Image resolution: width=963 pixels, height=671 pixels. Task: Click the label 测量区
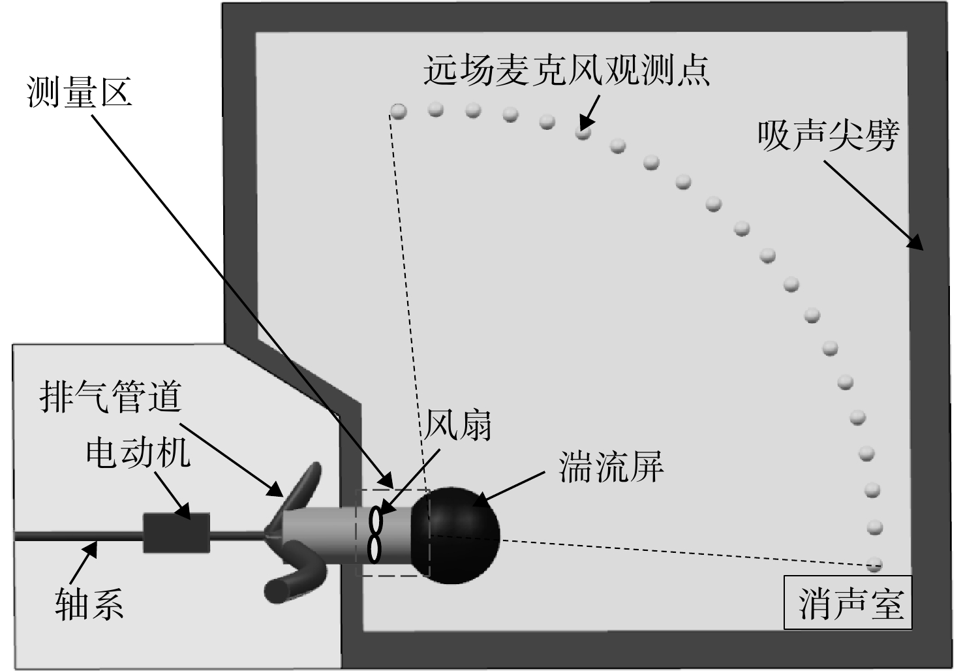(80, 93)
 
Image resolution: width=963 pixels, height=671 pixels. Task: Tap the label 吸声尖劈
(828, 136)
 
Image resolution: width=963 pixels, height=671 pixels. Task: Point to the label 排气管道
(110, 398)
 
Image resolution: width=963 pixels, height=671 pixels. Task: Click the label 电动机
(138, 454)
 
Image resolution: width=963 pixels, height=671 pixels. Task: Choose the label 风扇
(457, 425)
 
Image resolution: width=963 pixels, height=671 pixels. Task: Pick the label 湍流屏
(611, 467)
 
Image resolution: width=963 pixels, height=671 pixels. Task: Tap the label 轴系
(89, 604)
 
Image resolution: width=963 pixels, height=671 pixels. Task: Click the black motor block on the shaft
(176, 533)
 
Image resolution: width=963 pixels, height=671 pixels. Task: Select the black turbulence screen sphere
(455, 535)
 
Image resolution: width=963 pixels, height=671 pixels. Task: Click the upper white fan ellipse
(375, 521)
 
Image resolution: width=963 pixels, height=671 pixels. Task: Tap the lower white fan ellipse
(375, 550)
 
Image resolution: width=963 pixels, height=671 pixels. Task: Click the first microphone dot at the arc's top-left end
(398, 111)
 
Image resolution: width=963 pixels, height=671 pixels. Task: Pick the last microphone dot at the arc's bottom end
(874, 565)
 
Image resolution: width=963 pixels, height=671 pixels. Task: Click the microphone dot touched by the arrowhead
(583, 132)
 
